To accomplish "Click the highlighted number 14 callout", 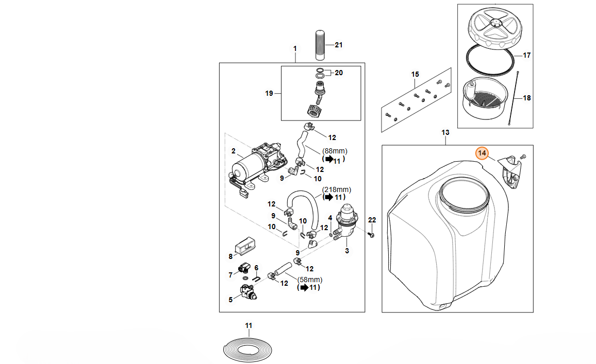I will click(482, 153).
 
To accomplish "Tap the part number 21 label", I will click(339, 45).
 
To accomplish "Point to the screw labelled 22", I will click(371, 234).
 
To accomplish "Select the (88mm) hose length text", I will click(335, 151).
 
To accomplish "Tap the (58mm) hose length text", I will click(310, 280).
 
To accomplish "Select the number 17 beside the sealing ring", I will click(526, 55).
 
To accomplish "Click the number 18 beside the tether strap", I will click(526, 98).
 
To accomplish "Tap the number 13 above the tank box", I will click(445, 132).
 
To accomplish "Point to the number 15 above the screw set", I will click(415, 75).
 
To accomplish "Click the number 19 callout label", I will click(269, 93).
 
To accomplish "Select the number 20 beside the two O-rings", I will click(338, 73).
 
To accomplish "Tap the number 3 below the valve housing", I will click(347, 251).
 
